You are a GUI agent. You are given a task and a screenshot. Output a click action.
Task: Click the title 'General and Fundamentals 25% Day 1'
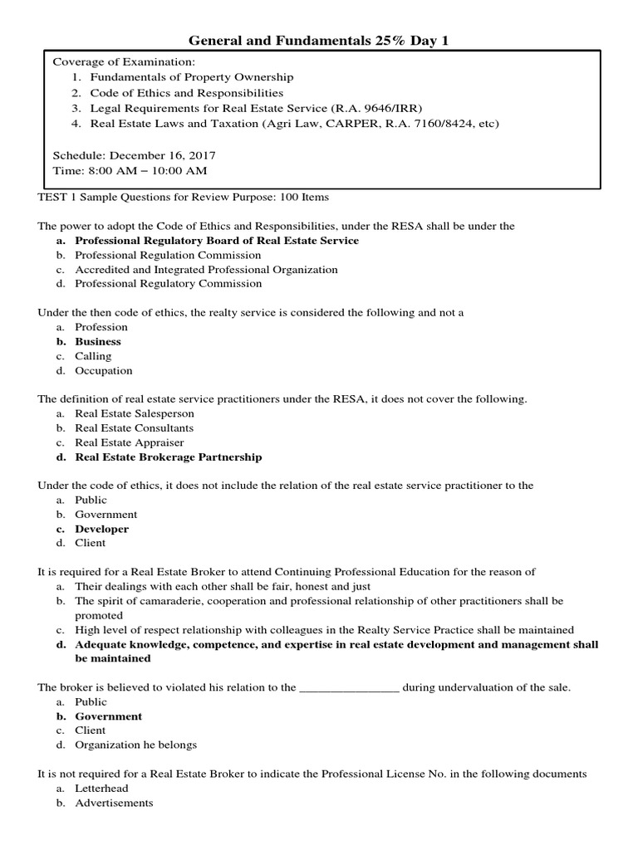point(319,40)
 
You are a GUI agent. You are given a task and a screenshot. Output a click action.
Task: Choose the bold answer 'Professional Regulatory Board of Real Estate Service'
point(217,241)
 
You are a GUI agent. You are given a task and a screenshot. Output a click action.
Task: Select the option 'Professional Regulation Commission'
point(167,255)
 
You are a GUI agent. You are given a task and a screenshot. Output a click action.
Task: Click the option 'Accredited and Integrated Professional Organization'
point(206,269)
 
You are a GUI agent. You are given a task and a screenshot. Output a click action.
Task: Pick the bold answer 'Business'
point(98,341)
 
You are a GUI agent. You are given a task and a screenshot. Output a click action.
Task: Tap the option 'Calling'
point(93,356)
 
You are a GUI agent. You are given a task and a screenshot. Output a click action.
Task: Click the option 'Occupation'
point(103,370)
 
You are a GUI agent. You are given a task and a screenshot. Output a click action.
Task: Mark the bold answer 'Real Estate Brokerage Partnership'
point(168,457)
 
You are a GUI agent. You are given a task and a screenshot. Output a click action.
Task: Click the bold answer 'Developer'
point(101,529)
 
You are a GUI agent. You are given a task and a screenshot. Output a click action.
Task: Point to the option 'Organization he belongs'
point(135,745)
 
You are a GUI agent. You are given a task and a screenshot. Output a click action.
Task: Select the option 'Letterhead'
point(101,788)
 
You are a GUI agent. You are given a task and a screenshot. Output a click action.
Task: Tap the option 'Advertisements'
point(114,803)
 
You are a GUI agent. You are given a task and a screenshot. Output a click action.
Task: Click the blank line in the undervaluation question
point(349,687)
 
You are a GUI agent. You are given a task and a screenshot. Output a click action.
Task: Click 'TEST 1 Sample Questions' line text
point(183,198)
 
